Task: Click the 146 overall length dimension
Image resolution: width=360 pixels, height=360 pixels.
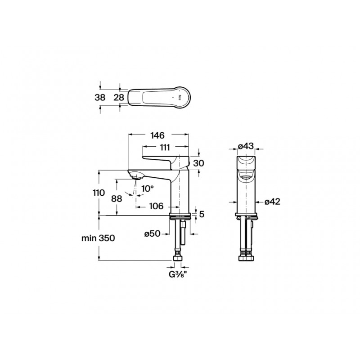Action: (x=158, y=135)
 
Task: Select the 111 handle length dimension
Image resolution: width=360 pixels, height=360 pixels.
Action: (x=165, y=147)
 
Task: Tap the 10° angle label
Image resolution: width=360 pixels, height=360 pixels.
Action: (x=148, y=189)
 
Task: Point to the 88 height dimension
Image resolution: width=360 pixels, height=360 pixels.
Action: (x=117, y=198)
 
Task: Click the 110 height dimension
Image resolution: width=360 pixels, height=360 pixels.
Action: (x=99, y=193)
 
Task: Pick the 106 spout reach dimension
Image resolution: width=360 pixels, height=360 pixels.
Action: (x=156, y=206)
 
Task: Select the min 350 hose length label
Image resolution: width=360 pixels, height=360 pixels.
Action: (x=98, y=238)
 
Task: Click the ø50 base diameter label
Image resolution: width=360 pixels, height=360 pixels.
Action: (x=153, y=234)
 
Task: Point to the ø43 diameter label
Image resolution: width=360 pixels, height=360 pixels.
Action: (x=246, y=146)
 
